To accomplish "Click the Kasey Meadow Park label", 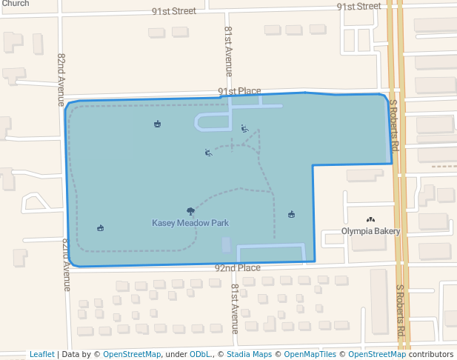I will point(190,222).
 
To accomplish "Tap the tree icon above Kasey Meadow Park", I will point(191,211).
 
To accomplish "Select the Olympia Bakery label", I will point(370,231).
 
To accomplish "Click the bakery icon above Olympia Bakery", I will point(370,220).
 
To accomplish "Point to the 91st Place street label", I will point(239,91).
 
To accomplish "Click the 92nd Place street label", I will point(238,267).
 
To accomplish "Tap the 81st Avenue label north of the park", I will point(229,52).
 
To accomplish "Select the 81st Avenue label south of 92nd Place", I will point(235,308).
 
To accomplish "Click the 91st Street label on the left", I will point(173,11).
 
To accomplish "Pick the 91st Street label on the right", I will point(358,6).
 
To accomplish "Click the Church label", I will point(16,4).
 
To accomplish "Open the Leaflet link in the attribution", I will point(42,354).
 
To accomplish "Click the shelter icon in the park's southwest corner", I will point(101,228).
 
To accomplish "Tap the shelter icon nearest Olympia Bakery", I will point(292,215).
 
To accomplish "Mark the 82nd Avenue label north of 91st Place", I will point(61,78).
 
